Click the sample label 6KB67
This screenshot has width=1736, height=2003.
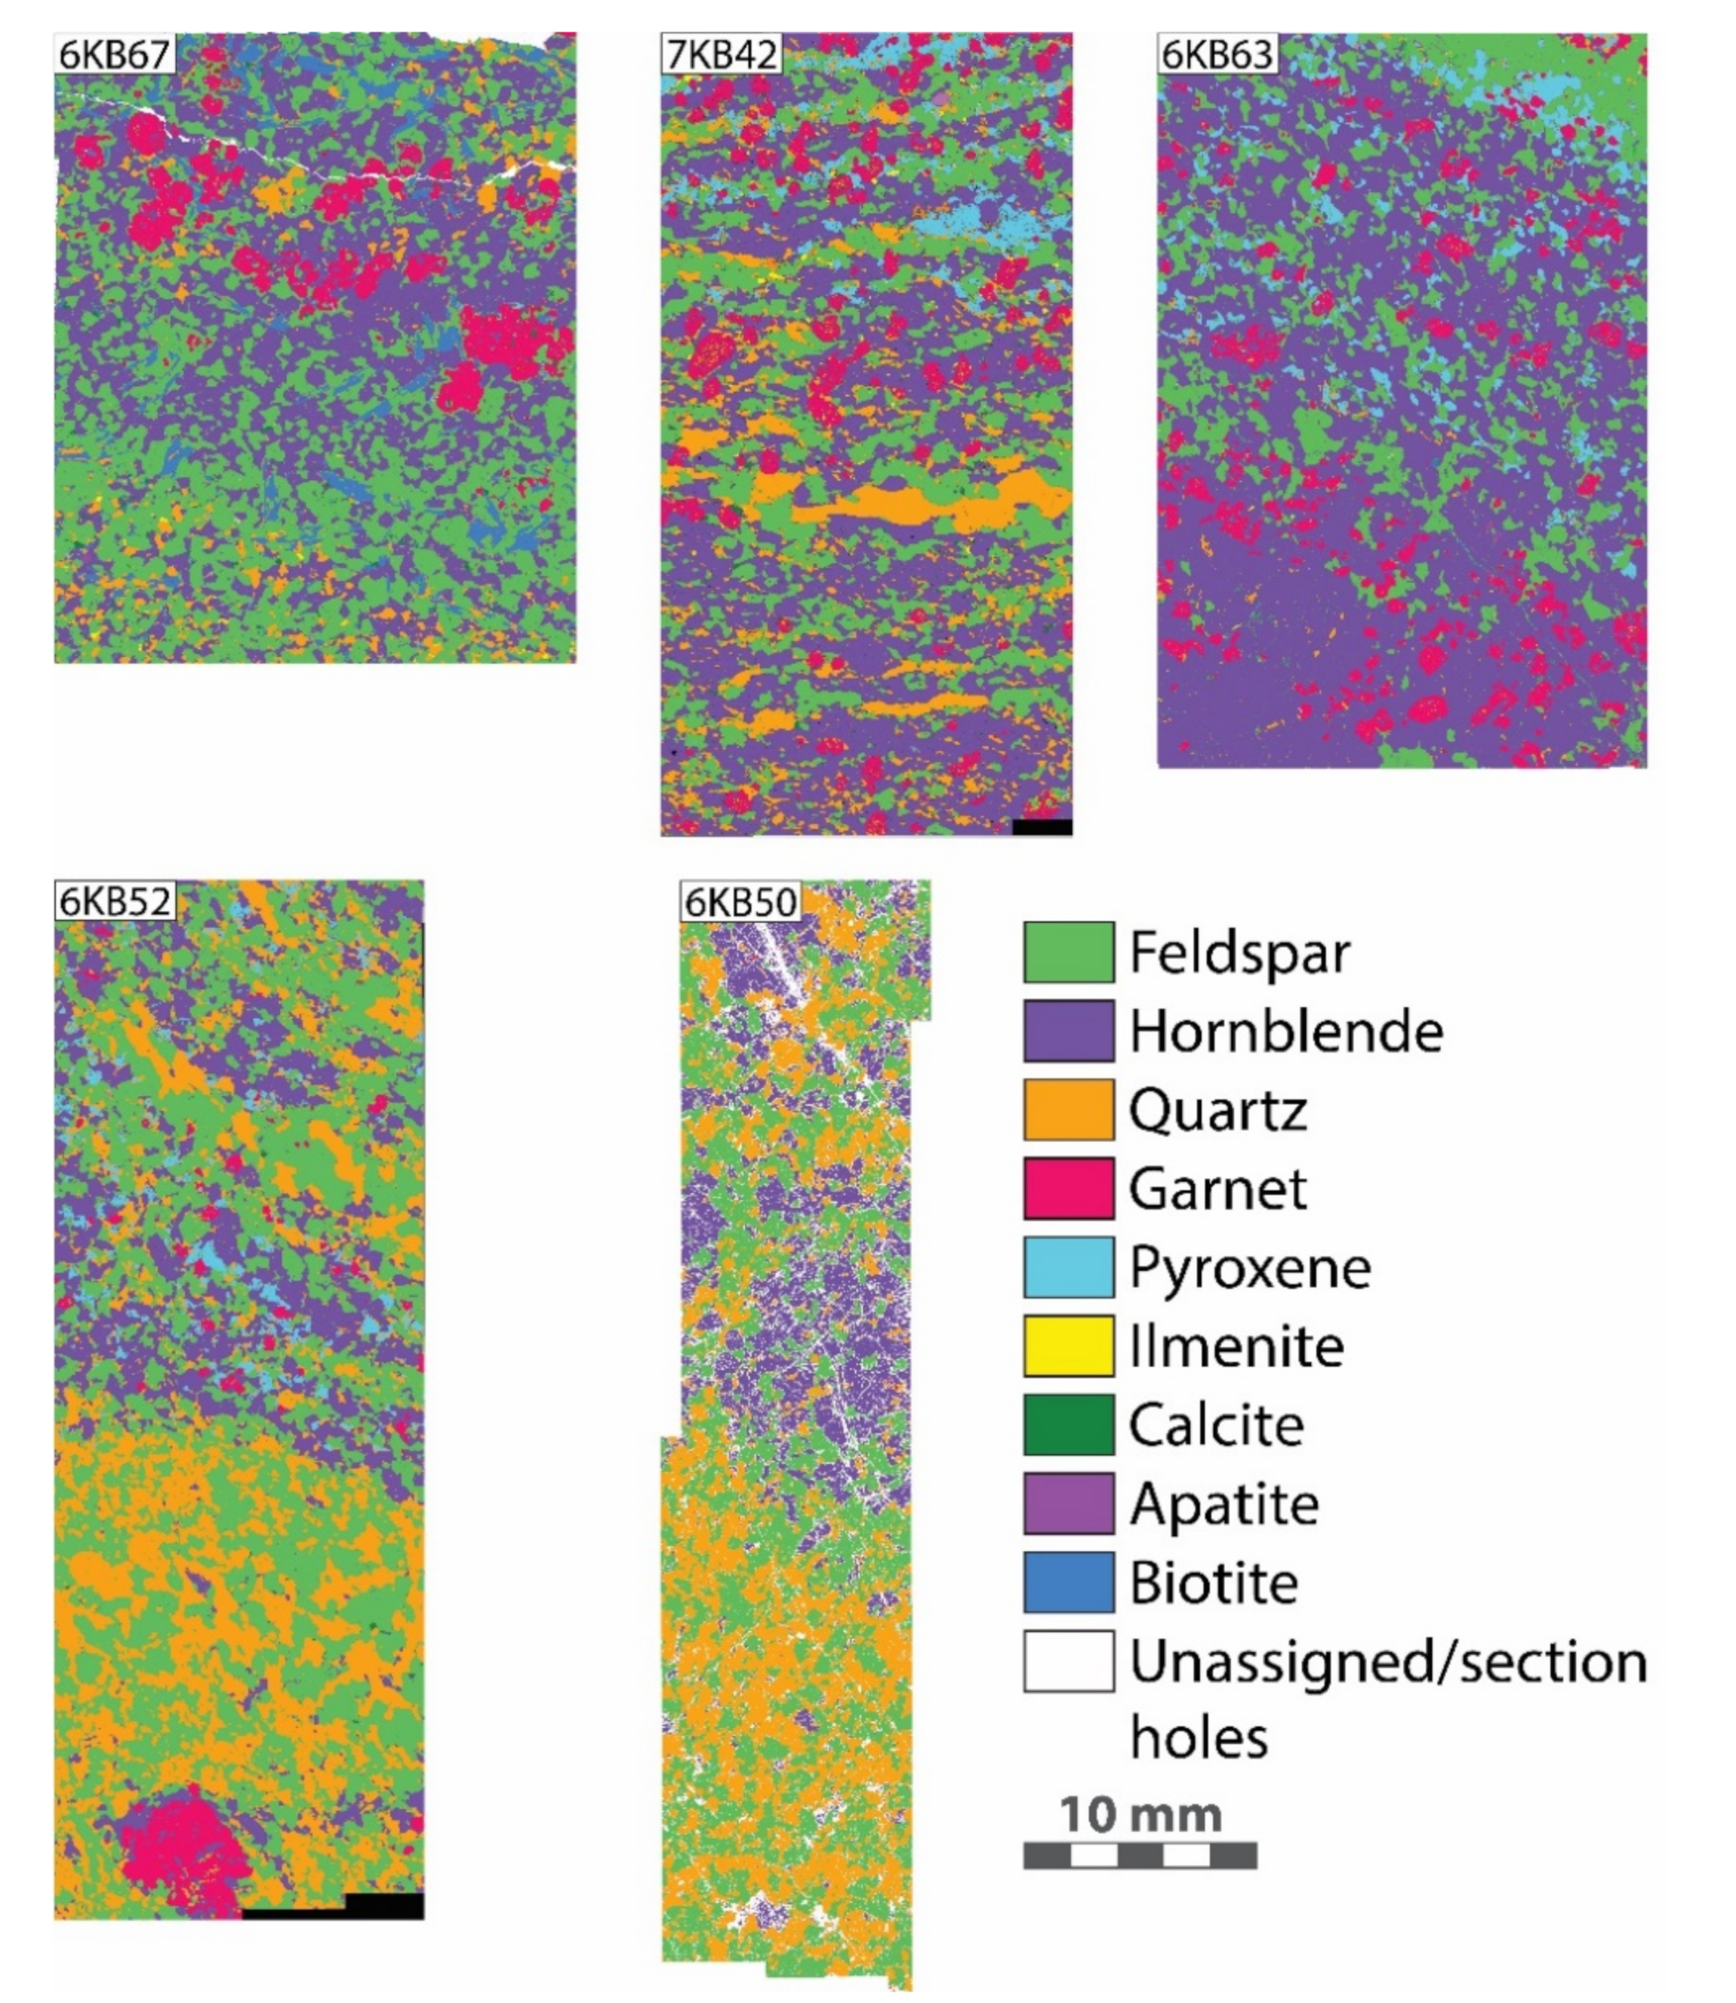pyautogui.click(x=114, y=54)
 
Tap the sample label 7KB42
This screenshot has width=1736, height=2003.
pyautogui.click(x=722, y=54)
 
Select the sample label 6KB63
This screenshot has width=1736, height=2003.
pyautogui.click(x=1217, y=54)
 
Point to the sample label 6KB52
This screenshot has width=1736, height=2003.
pyautogui.click(x=114, y=902)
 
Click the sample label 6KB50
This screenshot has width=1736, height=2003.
pyautogui.click(x=741, y=902)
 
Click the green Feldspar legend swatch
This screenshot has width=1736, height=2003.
pyautogui.click(x=1067, y=952)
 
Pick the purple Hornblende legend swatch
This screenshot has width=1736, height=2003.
pyautogui.click(x=1067, y=1031)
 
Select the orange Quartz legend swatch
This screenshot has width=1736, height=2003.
pyautogui.click(x=1067, y=1109)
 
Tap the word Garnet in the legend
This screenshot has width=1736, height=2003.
pyautogui.click(x=1217, y=1189)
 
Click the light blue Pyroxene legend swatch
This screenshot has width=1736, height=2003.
pyautogui.click(x=1067, y=1267)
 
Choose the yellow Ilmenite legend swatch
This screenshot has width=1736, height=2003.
pyautogui.click(x=1067, y=1346)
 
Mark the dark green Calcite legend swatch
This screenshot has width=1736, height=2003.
pyautogui.click(x=1067, y=1424)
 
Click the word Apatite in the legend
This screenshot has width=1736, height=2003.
pyautogui.click(x=1224, y=1504)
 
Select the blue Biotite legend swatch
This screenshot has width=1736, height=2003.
pyautogui.click(x=1067, y=1582)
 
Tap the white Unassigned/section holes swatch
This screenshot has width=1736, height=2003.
pyautogui.click(x=1067, y=1661)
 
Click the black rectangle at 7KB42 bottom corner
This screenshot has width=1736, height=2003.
pyautogui.click(x=1042, y=826)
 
